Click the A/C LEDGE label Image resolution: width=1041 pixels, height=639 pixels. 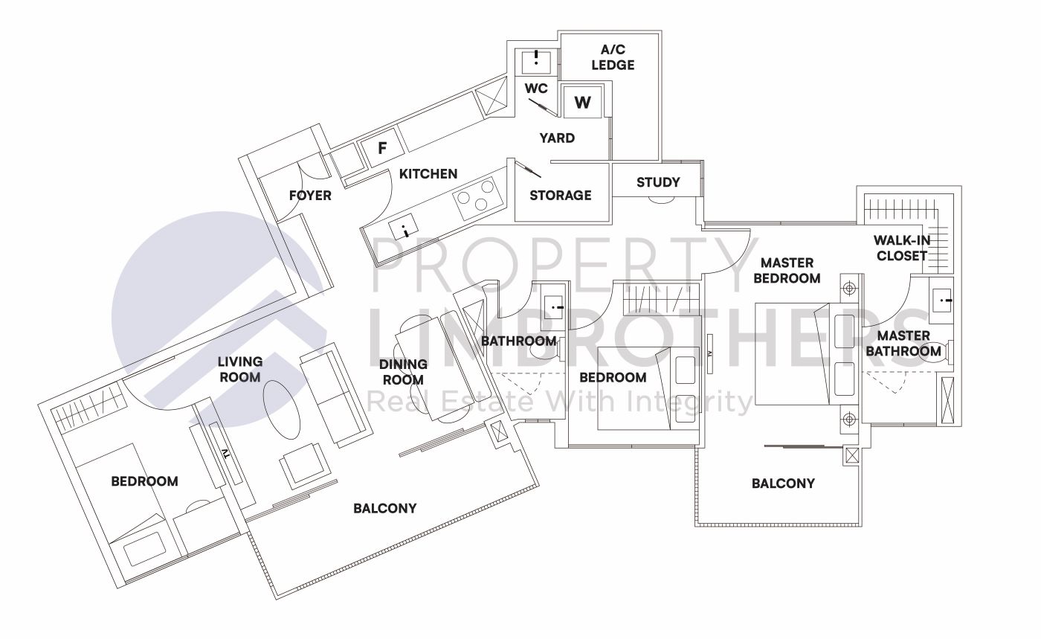coord(613,58)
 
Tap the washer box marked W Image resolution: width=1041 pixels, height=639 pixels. coord(582,102)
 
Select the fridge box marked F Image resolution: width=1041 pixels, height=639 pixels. coord(382,149)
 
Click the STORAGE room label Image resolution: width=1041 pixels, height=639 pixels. coord(561,195)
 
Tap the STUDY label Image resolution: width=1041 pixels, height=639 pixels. coord(658,182)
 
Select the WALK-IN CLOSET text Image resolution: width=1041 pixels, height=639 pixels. coord(902,248)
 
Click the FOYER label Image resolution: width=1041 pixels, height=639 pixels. coord(310,196)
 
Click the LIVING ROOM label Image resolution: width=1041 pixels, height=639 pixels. coord(240,369)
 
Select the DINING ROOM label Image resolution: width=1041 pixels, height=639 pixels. coord(403,371)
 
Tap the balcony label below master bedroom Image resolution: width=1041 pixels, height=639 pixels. coord(783,484)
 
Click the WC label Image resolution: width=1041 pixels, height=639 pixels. coord(536,89)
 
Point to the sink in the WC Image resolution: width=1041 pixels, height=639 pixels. coord(535,61)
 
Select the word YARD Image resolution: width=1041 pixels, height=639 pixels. coord(557,138)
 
